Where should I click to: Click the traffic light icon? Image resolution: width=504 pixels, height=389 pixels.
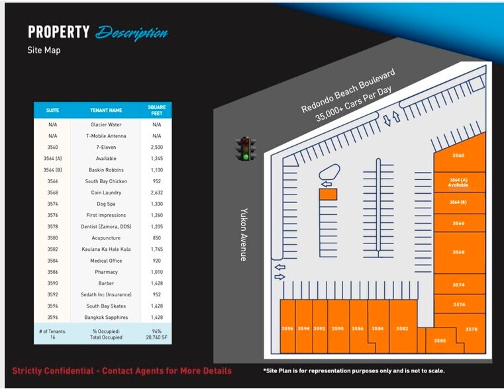tap(246, 148)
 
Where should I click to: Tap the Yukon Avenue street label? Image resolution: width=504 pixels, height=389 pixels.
tap(243, 236)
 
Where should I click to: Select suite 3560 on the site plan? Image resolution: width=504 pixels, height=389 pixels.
tap(458, 155)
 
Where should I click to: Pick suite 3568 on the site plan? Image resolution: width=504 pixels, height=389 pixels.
tap(458, 252)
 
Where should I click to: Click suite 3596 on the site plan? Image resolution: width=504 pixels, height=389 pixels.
tap(287, 328)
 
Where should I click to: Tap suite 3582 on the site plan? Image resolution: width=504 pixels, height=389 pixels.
tap(402, 328)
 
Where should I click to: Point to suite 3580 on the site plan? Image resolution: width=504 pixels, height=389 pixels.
tap(440, 340)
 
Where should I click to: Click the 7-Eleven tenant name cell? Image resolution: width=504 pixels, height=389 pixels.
tap(106, 147)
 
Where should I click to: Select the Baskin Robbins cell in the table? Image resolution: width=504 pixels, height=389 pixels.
tap(106, 170)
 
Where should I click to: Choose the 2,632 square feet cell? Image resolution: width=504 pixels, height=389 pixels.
tap(157, 193)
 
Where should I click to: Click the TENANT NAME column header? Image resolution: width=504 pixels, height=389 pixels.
tap(106, 110)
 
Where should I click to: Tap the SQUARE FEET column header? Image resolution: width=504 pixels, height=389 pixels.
tap(157, 110)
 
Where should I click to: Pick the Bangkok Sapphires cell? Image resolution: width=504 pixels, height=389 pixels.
tap(106, 318)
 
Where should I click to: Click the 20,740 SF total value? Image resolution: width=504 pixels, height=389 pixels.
tap(157, 337)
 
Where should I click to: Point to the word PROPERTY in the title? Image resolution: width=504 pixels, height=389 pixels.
tap(58, 32)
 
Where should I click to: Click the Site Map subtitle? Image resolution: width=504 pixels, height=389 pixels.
tap(44, 50)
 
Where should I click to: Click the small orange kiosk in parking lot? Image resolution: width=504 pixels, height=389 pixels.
tap(328, 194)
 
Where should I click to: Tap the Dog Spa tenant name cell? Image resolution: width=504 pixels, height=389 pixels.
tap(106, 204)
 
